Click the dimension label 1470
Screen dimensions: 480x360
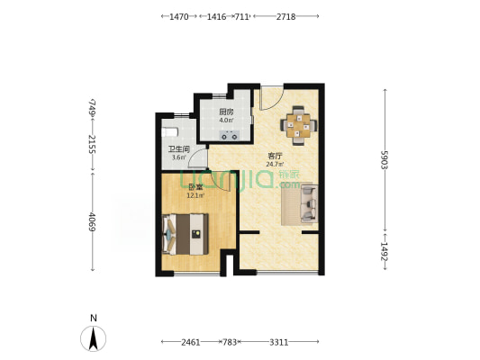click(x=179, y=17)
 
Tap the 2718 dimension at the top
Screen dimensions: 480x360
click(x=285, y=17)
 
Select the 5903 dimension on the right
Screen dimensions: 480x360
click(x=385, y=159)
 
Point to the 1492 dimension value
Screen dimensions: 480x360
click(x=385, y=251)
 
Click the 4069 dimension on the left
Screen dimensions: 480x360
click(x=92, y=222)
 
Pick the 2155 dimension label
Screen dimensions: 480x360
click(x=92, y=144)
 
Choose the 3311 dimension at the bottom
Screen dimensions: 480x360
click(x=278, y=342)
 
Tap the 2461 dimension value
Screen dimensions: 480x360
click(x=190, y=342)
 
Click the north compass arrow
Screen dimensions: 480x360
click(x=93, y=338)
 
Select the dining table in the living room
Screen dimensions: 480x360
click(x=298, y=125)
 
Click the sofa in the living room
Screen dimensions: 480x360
click(x=309, y=204)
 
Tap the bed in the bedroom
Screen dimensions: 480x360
click(x=186, y=234)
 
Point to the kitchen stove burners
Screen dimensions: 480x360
click(x=230, y=135)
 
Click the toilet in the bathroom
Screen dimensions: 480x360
click(x=169, y=132)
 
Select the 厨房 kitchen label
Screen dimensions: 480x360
click(x=226, y=112)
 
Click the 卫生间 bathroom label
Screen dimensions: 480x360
click(x=179, y=149)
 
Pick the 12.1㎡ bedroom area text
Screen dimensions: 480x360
click(x=195, y=195)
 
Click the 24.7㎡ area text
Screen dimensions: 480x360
click(x=275, y=164)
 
